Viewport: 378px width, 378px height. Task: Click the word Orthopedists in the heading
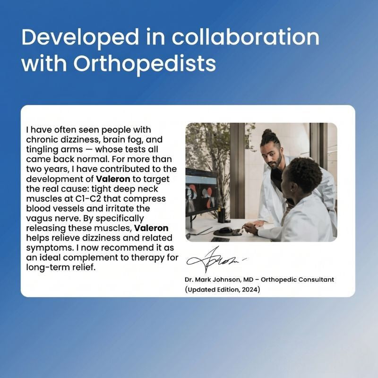pos(145,63)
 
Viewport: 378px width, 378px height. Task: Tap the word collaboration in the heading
pos(245,37)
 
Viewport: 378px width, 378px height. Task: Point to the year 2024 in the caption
pos(250,289)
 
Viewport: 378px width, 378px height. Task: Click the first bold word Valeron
pos(113,179)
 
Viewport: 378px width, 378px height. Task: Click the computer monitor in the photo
pos(202,192)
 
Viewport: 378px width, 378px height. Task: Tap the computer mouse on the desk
pos(225,230)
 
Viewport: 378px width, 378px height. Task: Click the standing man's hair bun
pos(267,133)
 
